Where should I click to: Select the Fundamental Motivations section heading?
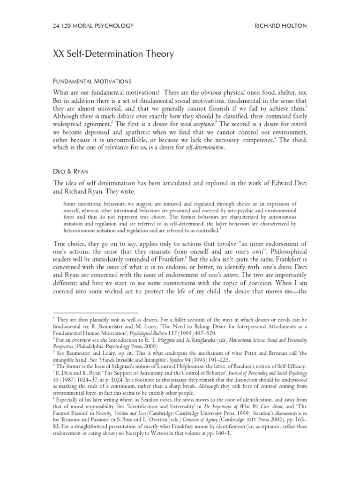tap(94, 81)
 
